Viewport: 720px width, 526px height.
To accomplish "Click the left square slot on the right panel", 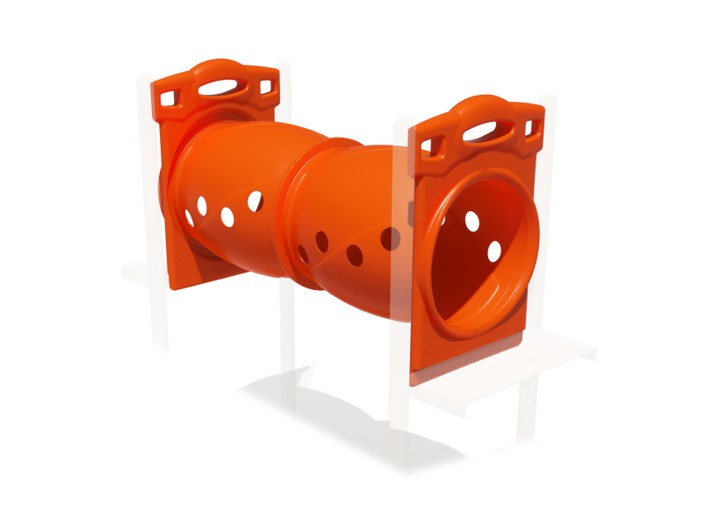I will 426,144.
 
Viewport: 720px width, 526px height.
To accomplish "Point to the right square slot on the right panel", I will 529,128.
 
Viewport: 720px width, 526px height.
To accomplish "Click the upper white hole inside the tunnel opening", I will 472,221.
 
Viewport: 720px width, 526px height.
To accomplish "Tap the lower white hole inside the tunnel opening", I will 493,252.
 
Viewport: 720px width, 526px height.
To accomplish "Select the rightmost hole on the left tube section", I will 255,201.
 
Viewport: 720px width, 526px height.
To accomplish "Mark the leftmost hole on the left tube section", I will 189,217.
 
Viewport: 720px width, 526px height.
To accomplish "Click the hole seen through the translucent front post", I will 390,238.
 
